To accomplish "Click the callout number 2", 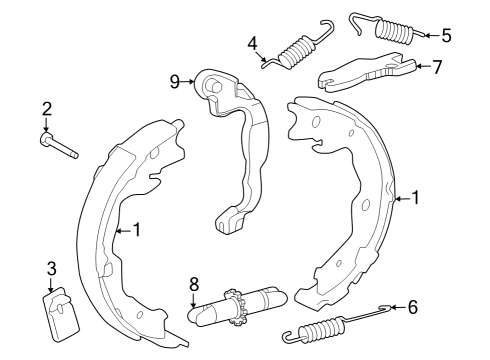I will (46, 109).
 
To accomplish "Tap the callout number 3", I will (52, 267).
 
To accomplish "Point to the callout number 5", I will (446, 35).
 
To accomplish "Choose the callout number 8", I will (194, 285).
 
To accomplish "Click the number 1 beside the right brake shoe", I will (416, 198).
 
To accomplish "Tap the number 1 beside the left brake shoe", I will (137, 229).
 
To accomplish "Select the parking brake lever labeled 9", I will (240, 140).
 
